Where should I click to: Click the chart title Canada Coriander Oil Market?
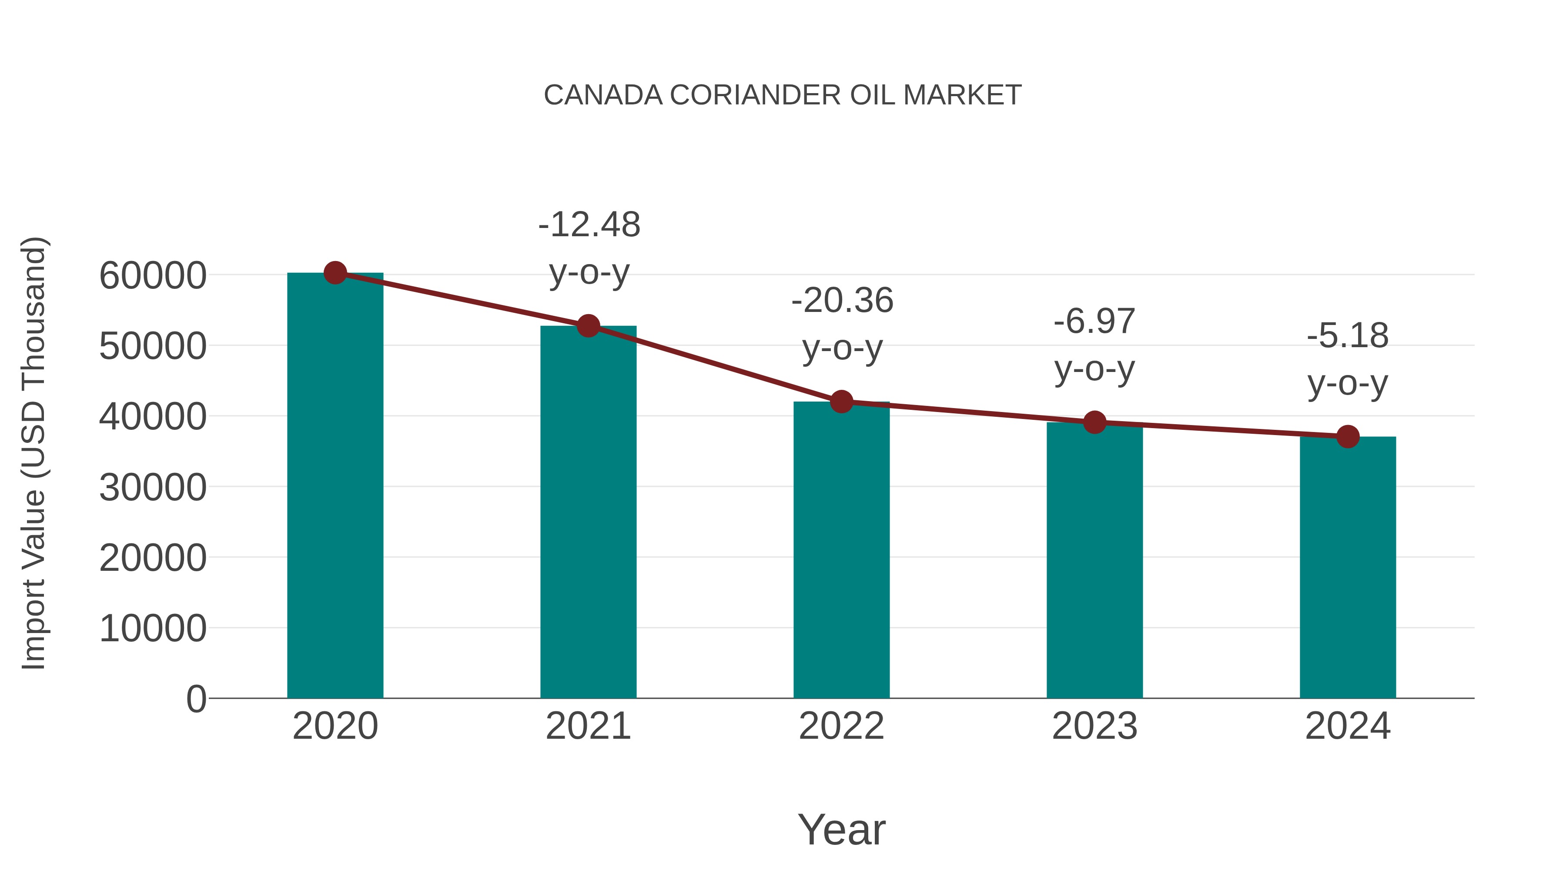[x=783, y=95]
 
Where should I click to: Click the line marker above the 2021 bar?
[x=588, y=326]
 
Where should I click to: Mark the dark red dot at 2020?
[x=335, y=273]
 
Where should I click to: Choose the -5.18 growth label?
[x=1348, y=359]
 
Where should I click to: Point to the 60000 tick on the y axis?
[x=153, y=275]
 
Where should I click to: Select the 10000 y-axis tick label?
[x=153, y=628]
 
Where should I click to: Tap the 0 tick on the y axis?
[x=196, y=699]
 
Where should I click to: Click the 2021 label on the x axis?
[x=588, y=726]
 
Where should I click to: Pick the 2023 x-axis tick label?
[x=1094, y=726]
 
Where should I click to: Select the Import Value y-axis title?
[x=34, y=453]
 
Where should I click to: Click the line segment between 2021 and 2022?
[x=714, y=364]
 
